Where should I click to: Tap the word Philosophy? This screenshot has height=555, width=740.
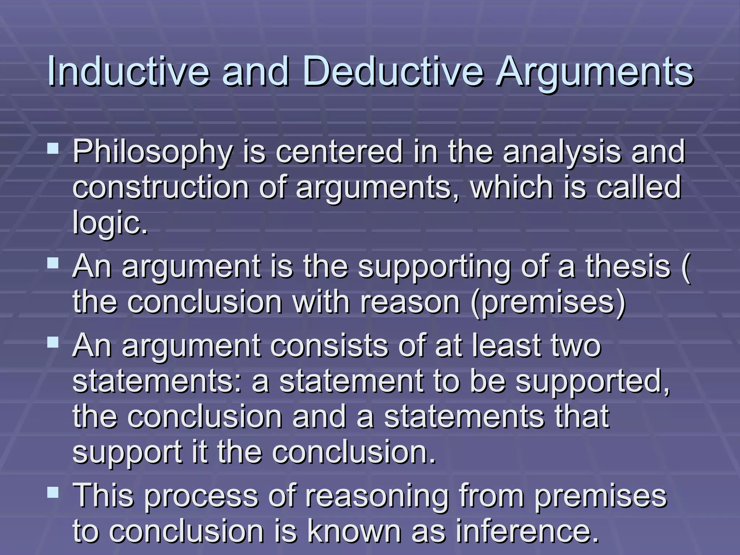tap(152, 152)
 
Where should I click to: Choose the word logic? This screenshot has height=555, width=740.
tap(110, 223)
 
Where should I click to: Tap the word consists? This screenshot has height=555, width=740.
tap(330, 345)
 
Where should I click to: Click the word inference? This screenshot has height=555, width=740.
tap(527, 531)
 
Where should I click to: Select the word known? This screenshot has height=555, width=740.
tap(354, 531)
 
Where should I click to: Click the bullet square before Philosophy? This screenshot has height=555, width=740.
tap(53, 148)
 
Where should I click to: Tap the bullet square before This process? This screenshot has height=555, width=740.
tap(53, 492)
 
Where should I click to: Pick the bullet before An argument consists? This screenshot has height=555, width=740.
tap(53, 342)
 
